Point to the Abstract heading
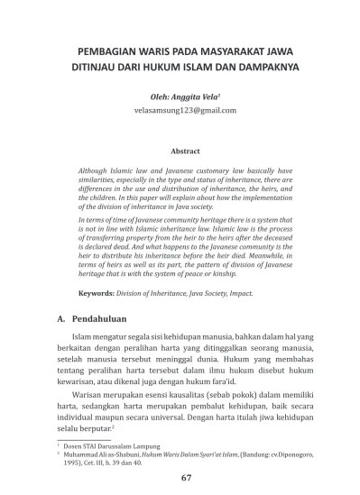coord(184,151)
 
